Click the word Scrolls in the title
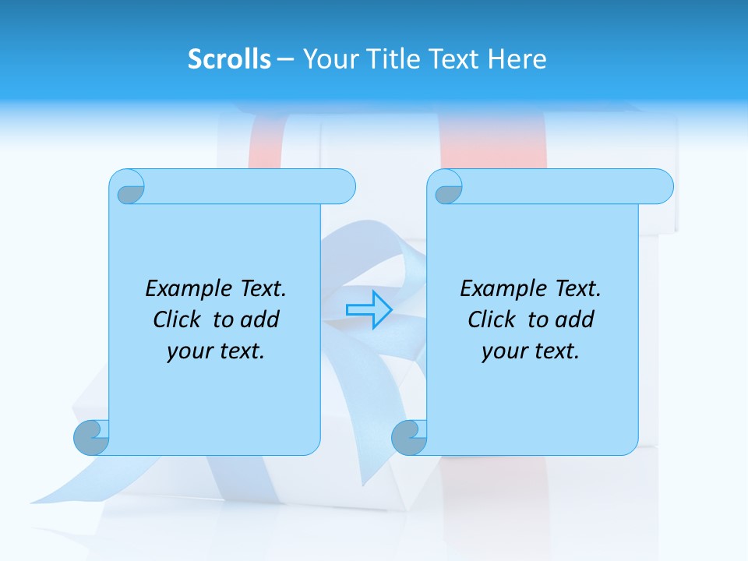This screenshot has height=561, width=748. (229, 59)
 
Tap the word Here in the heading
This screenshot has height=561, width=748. (517, 59)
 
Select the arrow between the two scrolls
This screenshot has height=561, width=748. (369, 309)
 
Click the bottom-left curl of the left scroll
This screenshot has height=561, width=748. (91, 437)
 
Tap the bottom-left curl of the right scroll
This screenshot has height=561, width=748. (409, 437)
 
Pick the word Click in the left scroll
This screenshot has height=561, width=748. (178, 319)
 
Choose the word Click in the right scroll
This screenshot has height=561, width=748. (492, 319)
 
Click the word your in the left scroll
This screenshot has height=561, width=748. (189, 351)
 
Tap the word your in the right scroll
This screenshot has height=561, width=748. (503, 351)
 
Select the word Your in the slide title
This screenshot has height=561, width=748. (328, 59)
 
